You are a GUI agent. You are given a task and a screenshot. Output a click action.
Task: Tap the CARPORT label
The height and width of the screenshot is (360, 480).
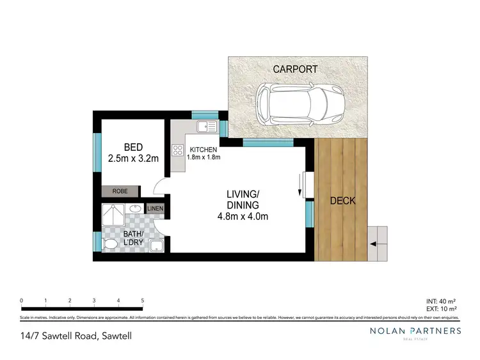[x=295, y=69]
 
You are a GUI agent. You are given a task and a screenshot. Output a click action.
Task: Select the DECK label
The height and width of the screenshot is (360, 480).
[x=342, y=201]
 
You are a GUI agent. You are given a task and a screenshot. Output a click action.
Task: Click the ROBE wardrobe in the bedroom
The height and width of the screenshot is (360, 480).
[x=120, y=191]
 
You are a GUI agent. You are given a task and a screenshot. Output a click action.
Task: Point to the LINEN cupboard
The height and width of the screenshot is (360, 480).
[x=155, y=209]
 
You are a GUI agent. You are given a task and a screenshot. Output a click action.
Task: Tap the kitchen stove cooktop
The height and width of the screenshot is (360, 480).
[x=177, y=151]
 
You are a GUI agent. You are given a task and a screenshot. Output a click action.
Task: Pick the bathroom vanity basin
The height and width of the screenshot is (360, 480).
[x=137, y=209]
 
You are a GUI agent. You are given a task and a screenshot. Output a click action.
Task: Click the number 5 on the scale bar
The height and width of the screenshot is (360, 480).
[x=142, y=300]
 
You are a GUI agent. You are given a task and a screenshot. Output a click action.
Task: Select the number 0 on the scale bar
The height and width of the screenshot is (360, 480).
[x=22, y=300]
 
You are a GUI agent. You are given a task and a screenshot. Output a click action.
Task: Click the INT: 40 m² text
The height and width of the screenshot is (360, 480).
[x=440, y=301]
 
